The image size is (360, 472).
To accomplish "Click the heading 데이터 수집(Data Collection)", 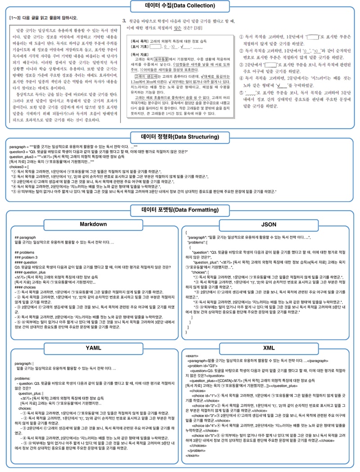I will [x=180, y=6].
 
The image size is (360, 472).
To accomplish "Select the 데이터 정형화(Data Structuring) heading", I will [x=180, y=137].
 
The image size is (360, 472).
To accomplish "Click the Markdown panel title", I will [x=93, y=224].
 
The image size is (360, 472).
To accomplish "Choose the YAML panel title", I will [x=93, y=348].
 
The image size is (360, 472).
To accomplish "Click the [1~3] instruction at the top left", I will [x=43, y=18].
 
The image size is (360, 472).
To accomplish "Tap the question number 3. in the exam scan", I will [x=124, y=21].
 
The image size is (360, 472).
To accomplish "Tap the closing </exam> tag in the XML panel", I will [x=193, y=455].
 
